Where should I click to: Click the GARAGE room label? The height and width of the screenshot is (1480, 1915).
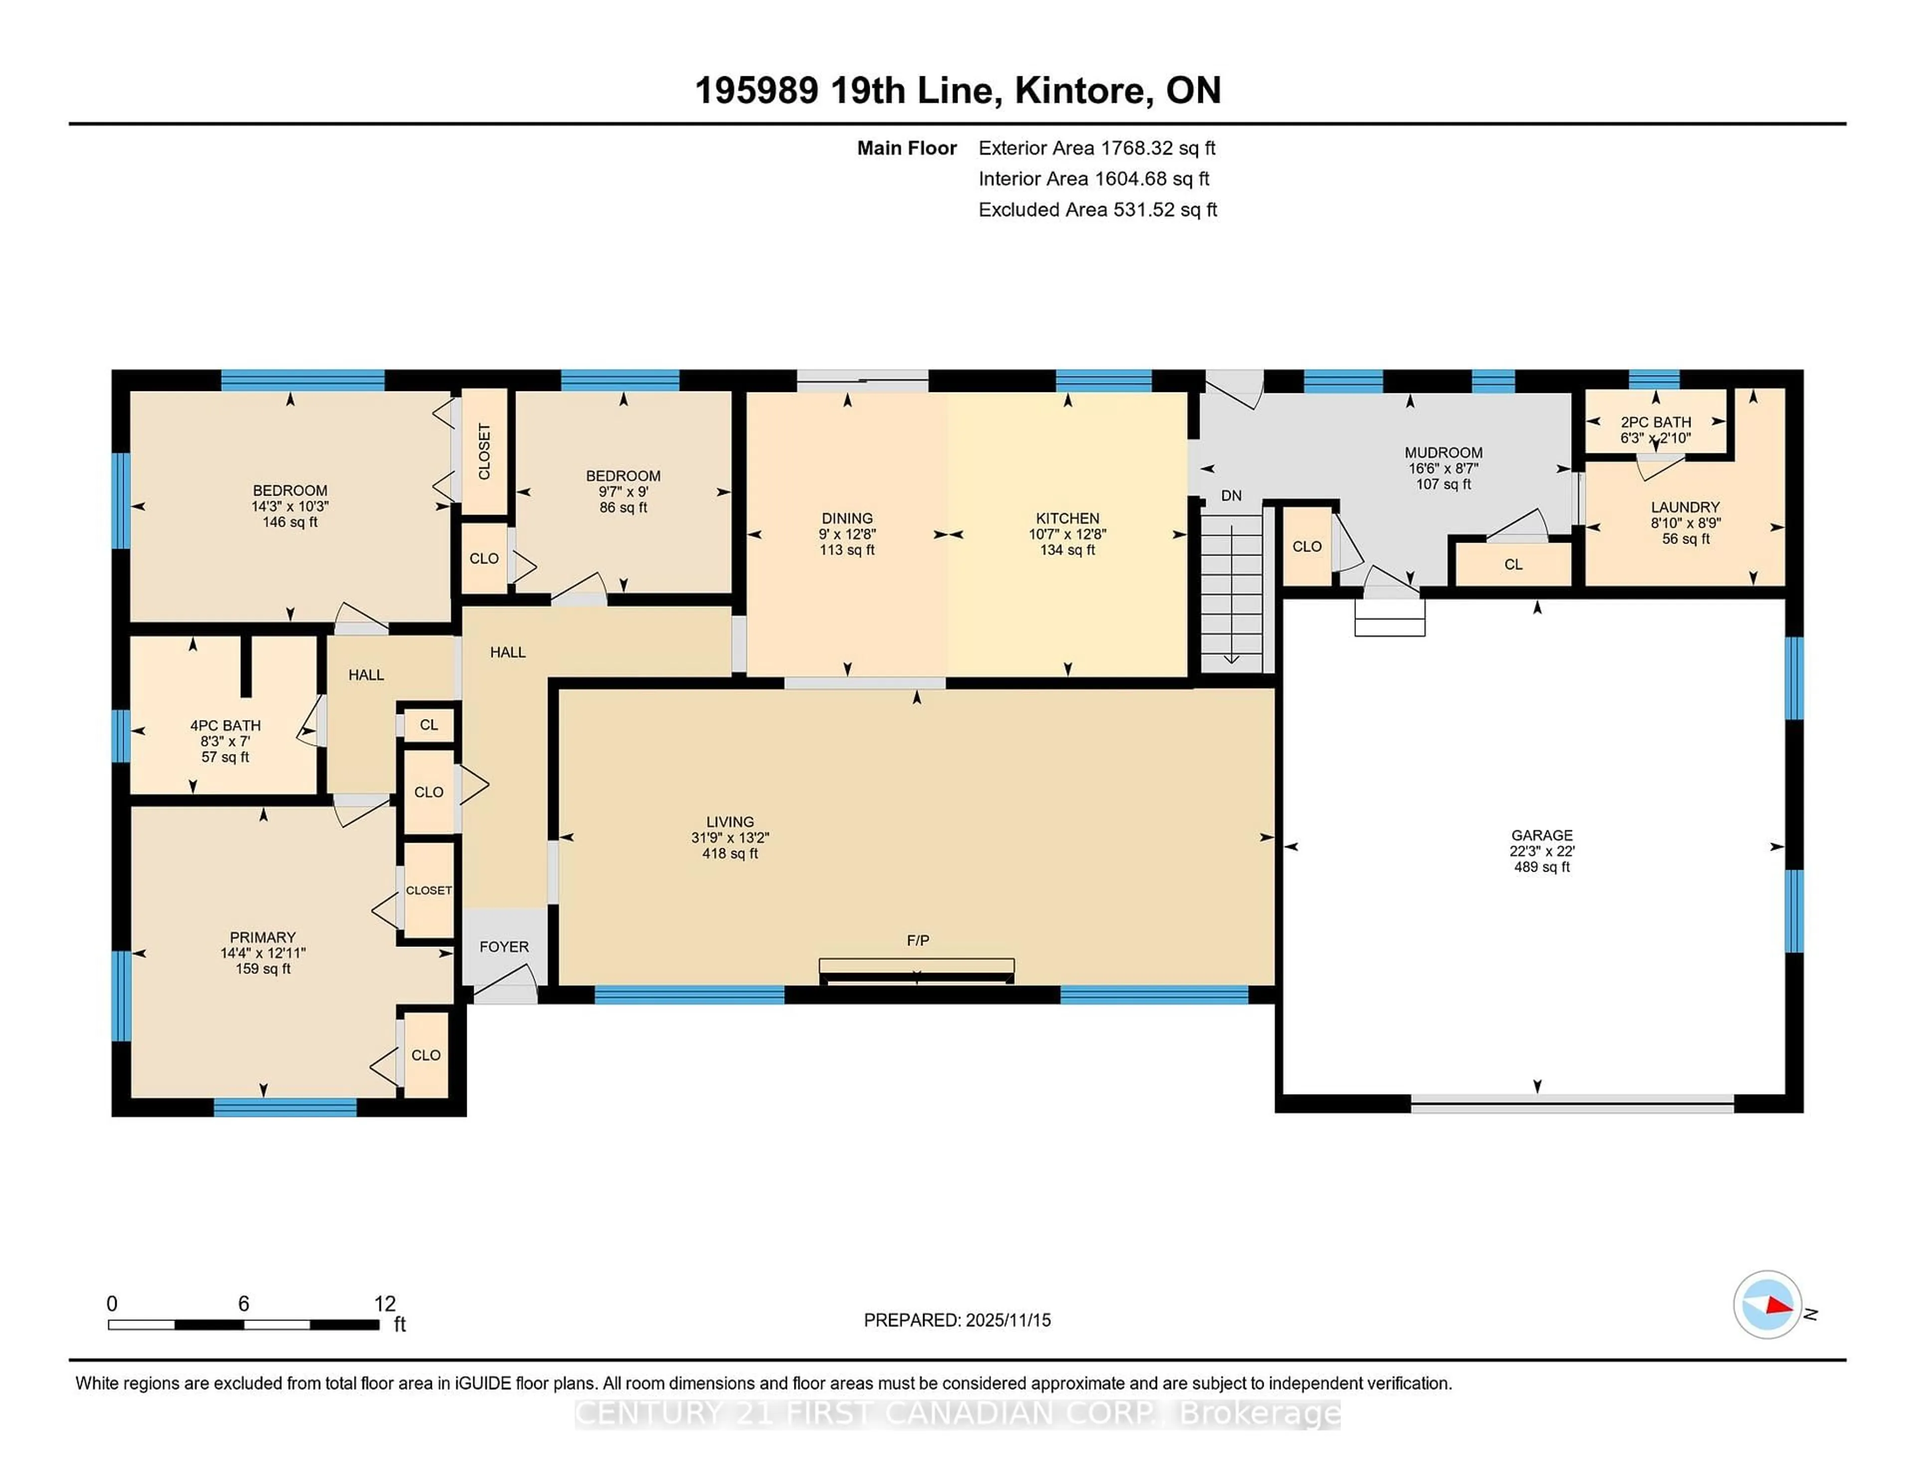coord(1541,835)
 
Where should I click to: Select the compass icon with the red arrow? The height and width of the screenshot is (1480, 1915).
coord(1767,1304)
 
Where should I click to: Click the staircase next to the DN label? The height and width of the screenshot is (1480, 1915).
coord(1231,592)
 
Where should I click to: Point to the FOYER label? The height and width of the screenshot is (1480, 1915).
coord(504,947)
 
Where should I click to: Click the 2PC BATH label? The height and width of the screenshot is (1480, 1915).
coord(1656,422)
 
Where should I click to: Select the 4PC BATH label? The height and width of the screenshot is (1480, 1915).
coord(225,725)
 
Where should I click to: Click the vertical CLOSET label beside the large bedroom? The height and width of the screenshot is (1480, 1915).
coord(484,452)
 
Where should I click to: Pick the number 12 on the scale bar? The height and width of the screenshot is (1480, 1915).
coord(385,1304)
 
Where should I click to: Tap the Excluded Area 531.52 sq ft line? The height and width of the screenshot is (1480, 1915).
coord(1097,209)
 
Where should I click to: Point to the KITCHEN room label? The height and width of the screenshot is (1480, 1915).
coord(1067,518)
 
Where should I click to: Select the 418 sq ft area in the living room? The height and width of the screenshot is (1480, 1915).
coord(730,853)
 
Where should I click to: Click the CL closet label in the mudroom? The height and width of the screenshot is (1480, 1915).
coord(1514,564)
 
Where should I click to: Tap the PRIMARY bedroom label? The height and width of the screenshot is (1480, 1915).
coord(262,937)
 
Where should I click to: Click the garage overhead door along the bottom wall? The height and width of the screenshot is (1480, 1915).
coord(1571,1108)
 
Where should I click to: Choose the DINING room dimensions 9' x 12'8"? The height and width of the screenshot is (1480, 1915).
coord(847,534)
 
